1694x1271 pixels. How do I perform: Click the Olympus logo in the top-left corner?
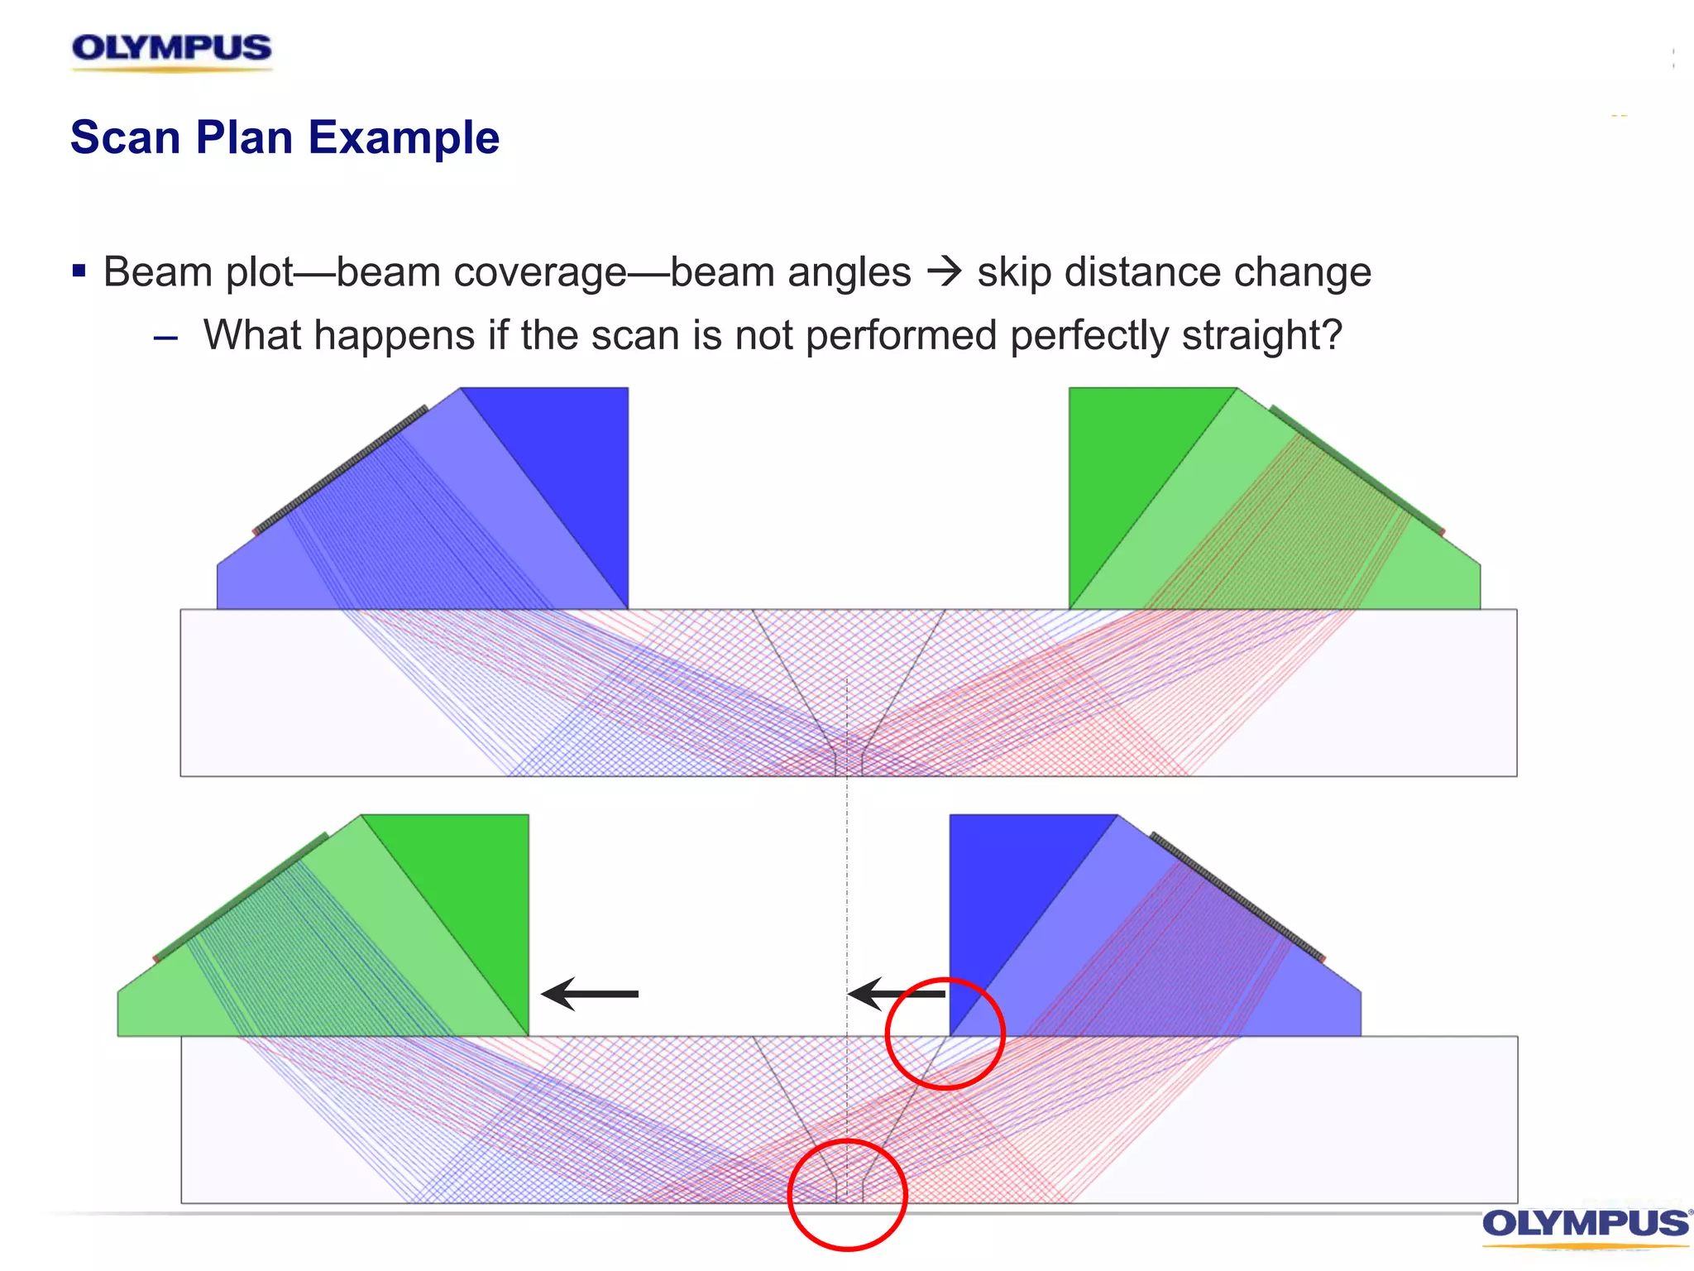pyautogui.click(x=171, y=50)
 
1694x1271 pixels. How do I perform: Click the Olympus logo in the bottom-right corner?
pyautogui.click(x=1585, y=1224)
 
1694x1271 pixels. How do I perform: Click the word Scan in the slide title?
pyautogui.click(x=125, y=137)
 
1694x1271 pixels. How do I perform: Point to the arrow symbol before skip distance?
pyautogui.click(x=944, y=271)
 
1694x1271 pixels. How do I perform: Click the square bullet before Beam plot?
pyautogui.click(x=79, y=271)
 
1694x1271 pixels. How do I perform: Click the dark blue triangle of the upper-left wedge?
pyautogui.click(x=571, y=463)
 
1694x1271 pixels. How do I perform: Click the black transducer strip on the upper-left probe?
pyautogui.click(x=339, y=470)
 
